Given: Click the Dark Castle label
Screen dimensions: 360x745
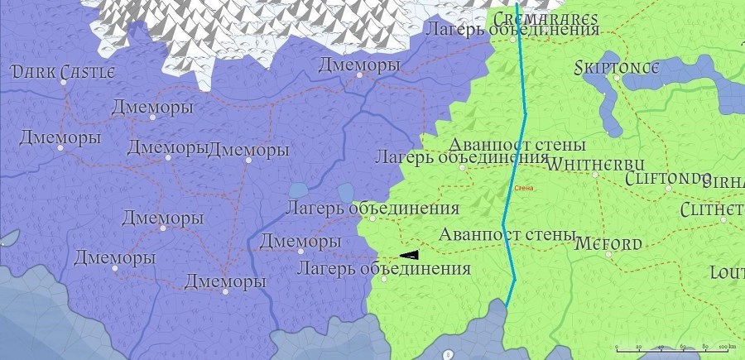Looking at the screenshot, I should coord(63,73).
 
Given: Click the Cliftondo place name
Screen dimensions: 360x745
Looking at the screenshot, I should coord(668,178).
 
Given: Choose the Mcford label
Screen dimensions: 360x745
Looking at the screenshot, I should coord(607,244).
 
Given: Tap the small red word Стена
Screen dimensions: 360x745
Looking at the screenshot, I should coord(526,189).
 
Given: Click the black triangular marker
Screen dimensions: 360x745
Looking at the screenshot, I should coord(409,255).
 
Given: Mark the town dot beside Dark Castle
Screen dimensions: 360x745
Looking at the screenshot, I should coord(64,81).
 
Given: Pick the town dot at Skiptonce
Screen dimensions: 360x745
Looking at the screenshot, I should coord(616,78).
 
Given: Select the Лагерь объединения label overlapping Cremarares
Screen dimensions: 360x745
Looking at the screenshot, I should coord(511,30).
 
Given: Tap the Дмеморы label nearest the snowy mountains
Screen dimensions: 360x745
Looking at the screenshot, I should coord(359,65).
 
